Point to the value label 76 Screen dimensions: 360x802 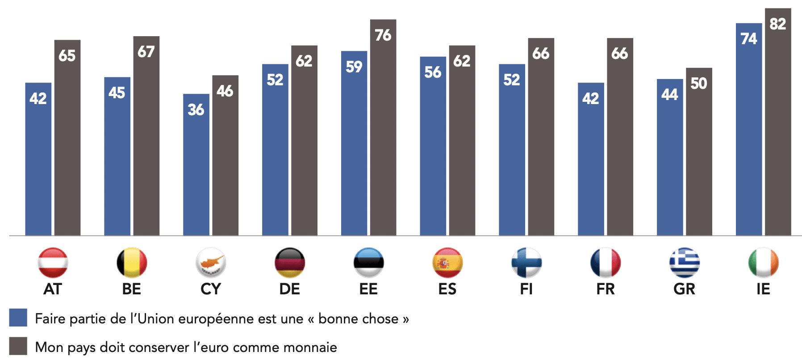pyautogui.click(x=383, y=35)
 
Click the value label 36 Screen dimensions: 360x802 pyautogui.click(x=196, y=110)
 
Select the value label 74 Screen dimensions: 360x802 pyautogui.click(x=749, y=39)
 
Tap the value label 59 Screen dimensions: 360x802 pyautogui.click(x=354, y=67)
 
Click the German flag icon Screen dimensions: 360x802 pyautogui.click(x=290, y=263)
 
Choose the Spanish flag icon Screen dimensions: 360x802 pyautogui.click(x=447, y=263)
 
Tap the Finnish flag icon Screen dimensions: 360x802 pyautogui.click(x=526, y=263)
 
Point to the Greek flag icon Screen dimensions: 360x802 pyautogui.click(x=685, y=263)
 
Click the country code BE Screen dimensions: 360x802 pyautogui.click(x=132, y=289)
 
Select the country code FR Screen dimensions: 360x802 pyautogui.click(x=606, y=289)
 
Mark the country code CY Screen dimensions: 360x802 pyautogui.click(x=211, y=289)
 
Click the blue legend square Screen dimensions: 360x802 pyautogui.click(x=18, y=318)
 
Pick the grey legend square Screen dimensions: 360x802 pyautogui.click(x=18, y=346)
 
